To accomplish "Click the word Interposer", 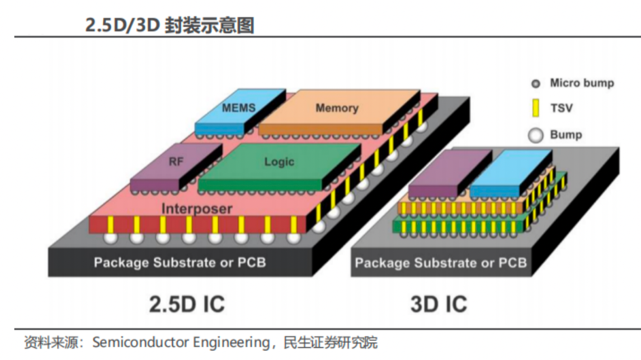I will point(196,209).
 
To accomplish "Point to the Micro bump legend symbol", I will point(535,84).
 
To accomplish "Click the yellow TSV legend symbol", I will point(535,108).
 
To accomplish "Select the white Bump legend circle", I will point(535,135).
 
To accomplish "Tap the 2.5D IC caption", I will point(187,304).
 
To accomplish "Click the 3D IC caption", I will point(439,304).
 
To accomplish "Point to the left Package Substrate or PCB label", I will point(180,262).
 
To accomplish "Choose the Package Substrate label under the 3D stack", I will point(441,263).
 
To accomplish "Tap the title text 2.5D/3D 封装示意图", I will point(169,25).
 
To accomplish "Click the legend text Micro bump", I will point(582,83).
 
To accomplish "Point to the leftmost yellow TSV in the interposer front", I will point(111,224).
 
